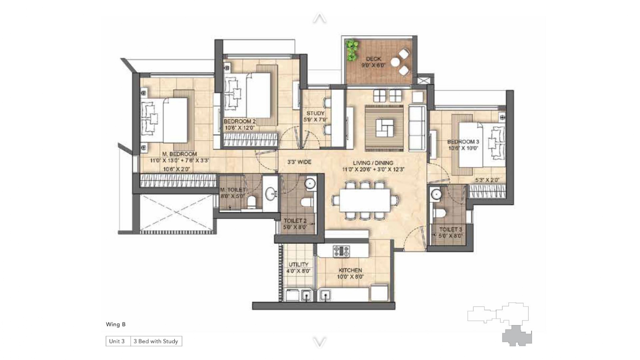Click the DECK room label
[373, 59]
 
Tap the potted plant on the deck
[352, 50]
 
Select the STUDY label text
[315, 113]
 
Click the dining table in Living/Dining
[365, 200]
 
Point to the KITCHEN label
[350, 270]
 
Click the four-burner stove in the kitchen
[341, 251]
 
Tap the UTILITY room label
[299, 264]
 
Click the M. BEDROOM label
[179, 154]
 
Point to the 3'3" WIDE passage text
[299, 162]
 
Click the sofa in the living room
[417, 128]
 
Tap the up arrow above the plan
[319, 18]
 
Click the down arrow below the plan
[319, 342]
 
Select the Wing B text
[116, 324]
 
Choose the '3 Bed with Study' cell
[156, 341]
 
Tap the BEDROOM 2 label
[240, 121]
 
